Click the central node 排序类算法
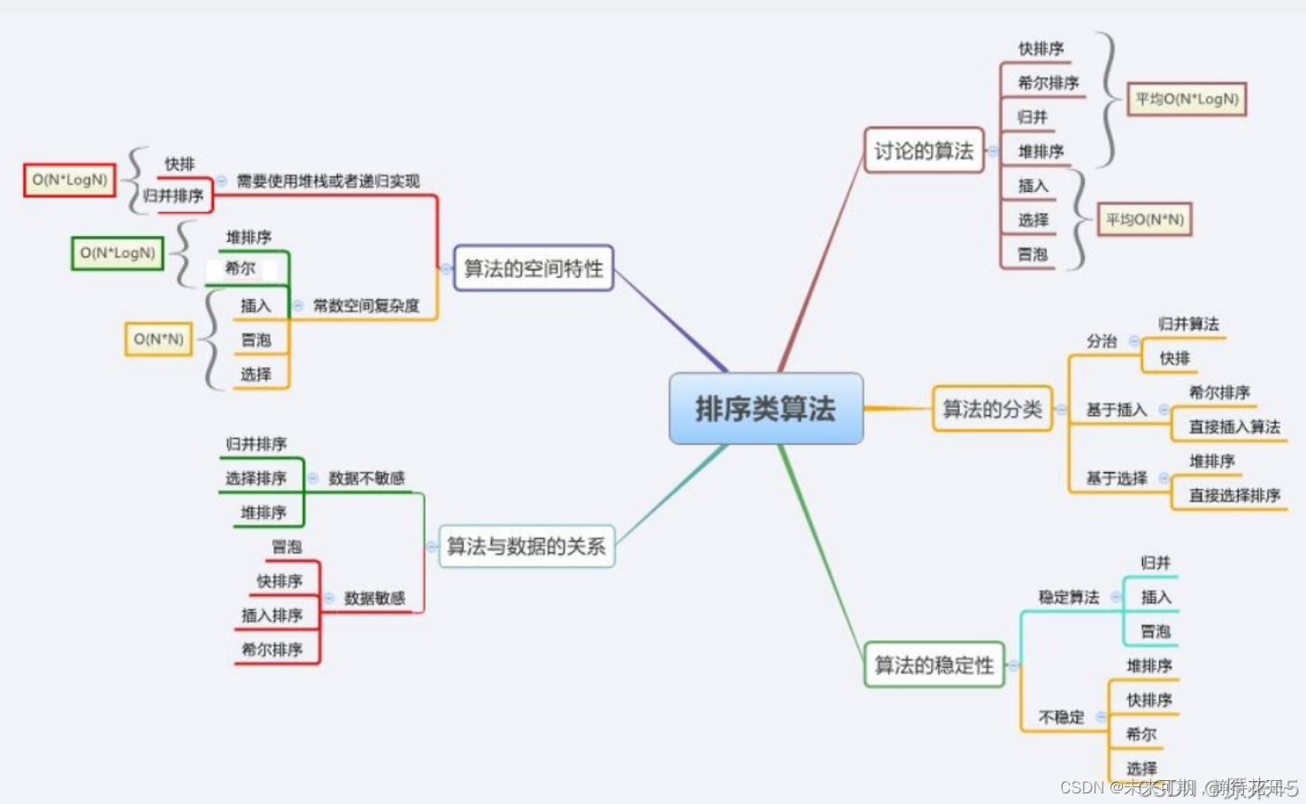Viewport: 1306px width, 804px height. pos(765,409)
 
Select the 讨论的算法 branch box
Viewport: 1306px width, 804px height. pos(924,150)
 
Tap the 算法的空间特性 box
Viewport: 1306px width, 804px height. pos(534,268)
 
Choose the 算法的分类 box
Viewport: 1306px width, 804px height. pos(992,409)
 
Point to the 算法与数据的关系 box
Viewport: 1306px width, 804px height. pos(526,546)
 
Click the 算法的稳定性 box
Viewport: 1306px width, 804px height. pos(933,664)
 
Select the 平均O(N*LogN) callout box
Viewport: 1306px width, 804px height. pos(1187,99)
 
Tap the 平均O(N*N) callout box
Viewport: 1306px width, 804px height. pos(1145,219)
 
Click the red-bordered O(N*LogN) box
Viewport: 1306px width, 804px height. pos(70,180)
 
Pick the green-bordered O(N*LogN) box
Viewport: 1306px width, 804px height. pos(118,253)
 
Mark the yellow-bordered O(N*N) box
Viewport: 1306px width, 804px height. pos(158,339)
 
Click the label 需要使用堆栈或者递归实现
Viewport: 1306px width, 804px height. pos(328,181)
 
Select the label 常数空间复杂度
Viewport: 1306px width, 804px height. pos(366,305)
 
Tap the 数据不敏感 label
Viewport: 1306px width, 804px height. pos(366,478)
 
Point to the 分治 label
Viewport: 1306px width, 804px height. pos(1102,341)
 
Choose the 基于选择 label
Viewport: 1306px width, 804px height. pos(1117,479)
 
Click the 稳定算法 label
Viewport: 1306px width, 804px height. pos(1069,597)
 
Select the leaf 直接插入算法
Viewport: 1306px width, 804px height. pos(1234,426)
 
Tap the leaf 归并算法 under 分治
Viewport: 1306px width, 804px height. pos(1188,324)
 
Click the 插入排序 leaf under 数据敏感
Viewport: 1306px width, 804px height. pos(272,615)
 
